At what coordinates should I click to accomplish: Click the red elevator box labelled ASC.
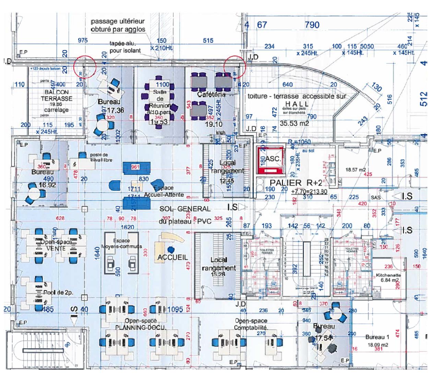(x=271, y=159)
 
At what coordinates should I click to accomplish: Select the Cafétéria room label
(x=211, y=94)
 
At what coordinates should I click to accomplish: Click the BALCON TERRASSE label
(x=57, y=95)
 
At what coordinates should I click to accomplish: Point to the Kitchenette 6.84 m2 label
(x=388, y=278)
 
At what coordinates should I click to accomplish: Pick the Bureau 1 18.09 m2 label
(x=377, y=341)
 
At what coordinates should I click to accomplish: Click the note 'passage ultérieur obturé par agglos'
(x=118, y=26)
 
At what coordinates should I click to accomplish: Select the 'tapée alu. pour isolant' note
(x=125, y=47)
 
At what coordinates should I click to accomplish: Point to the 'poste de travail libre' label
(x=101, y=157)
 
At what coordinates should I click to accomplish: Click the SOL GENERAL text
(x=185, y=209)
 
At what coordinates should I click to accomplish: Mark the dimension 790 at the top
(x=312, y=25)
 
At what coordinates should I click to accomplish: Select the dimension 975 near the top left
(x=83, y=40)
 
